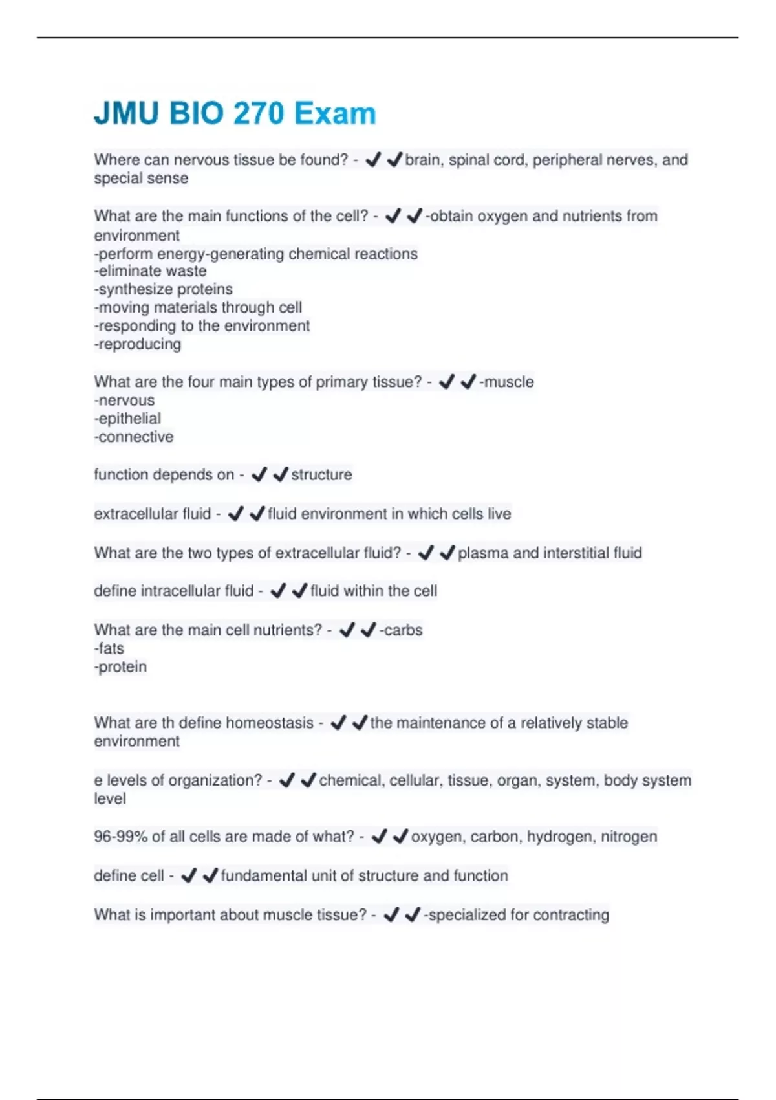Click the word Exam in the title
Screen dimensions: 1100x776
(335, 114)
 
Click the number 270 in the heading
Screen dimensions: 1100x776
(258, 114)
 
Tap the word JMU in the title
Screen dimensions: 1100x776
(126, 114)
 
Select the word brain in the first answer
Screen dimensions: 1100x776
(422, 160)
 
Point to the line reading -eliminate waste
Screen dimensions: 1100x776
(151, 271)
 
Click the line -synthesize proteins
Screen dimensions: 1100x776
(164, 289)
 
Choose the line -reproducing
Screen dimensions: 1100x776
(138, 344)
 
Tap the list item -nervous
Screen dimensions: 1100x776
(124, 401)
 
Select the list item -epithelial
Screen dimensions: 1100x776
(127, 419)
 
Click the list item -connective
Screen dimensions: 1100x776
(134, 437)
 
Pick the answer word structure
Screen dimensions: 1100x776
(321, 475)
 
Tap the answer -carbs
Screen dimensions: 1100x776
(401, 630)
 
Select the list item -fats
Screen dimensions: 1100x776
(109, 648)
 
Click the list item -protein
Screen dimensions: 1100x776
(120, 667)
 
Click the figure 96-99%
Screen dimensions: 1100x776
(121, 837)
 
